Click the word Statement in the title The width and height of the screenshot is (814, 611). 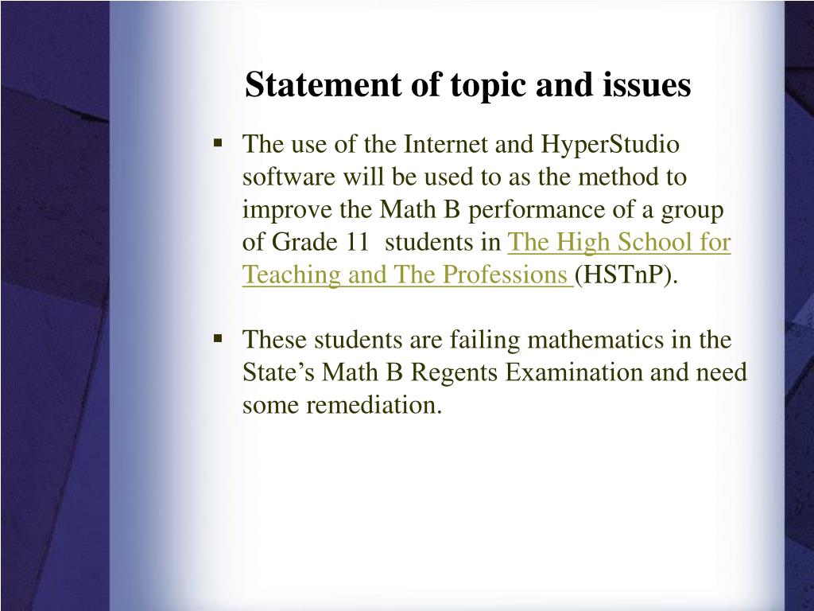click(323, 84)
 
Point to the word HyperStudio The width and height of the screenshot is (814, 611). click(610, 146)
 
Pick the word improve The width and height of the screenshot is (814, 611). click(287, 211)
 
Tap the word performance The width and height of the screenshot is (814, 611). click(537, 211)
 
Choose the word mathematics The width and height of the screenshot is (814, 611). click(595, 340)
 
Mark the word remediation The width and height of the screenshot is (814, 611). click(374, 405)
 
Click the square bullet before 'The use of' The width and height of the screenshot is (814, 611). click(218, 142)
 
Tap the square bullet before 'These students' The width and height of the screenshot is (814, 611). click(218, 338)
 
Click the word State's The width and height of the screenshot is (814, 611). click(278, 372)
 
